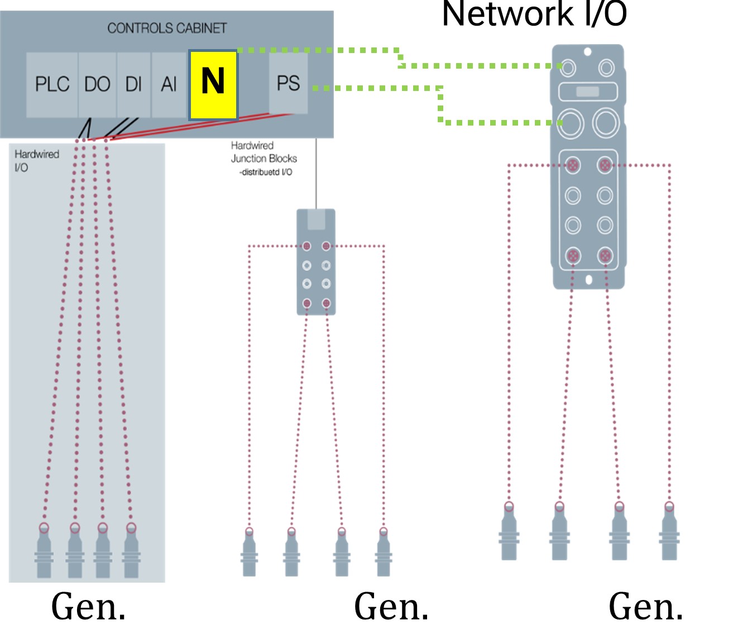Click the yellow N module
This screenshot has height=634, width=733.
pos(213,85)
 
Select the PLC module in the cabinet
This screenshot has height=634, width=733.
pos(52,85)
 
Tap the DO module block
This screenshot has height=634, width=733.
pos(97,85)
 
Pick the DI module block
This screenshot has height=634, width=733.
pos(133,85)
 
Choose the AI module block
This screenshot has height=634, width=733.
pos(169,85)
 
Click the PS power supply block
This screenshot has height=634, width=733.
pos(288,83)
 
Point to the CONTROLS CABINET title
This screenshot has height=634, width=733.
pos(167,28)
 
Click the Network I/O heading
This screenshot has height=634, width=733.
pos(534,14)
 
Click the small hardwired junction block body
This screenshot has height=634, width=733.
pos(316,262)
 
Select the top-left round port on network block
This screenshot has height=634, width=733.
pos(568,68)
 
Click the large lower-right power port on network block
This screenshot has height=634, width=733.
pos(606,122)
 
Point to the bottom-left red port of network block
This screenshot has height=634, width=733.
pos(573,256)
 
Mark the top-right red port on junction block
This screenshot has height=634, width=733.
pos(326,246)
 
